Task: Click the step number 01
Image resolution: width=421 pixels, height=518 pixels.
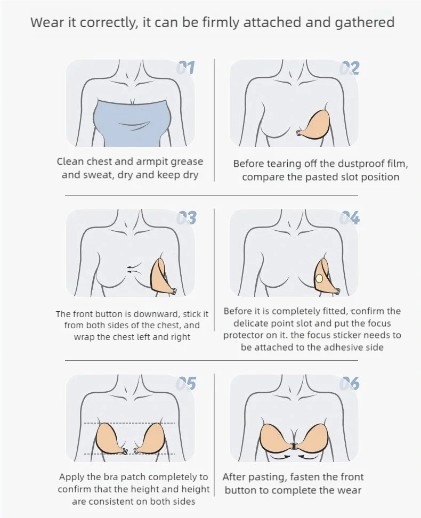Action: [x=186, y=68]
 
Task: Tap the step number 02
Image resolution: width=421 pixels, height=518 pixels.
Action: [x=350, y=68]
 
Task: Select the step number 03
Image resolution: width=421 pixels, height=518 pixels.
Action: [x=186, y=218]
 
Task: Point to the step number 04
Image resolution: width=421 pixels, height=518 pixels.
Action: [x=350, y=218]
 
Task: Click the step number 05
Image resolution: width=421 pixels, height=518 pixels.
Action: [x=186, y=383]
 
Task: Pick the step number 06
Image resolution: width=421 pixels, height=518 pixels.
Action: [x=350, y=383]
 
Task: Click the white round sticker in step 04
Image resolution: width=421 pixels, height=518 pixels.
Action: [x=319, y=278]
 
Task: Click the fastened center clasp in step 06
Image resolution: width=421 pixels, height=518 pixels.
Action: [x=294, y=445]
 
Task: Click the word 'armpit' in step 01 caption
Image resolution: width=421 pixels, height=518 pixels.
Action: [x=137, y=161]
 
